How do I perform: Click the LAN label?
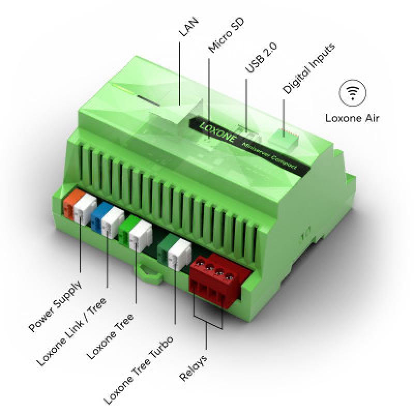click(188, 27)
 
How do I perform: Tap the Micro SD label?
click(226, 35)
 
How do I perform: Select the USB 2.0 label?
click(261, 57)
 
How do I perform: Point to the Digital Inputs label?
click(309, 68)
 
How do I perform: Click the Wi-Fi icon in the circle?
click(352, 93)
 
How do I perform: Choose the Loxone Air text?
click(352, 118)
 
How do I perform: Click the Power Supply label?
click(55, 306)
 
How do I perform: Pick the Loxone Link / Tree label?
click(71, 332)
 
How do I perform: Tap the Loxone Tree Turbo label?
click(138, 370)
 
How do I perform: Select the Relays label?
click(193, 368)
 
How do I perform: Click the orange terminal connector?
click(71, 203)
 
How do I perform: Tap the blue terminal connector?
click(99, 217)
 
